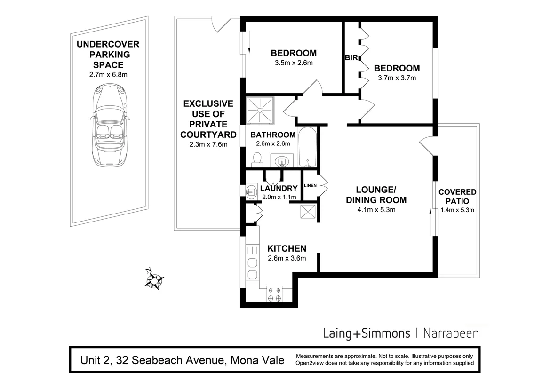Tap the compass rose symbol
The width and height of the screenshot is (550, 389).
click(x=154, y=279)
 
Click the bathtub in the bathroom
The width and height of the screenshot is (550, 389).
click(x=308, y=147)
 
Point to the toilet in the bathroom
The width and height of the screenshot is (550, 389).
click(x=257, y=159)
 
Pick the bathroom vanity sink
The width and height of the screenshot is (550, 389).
click(x=282, y=161)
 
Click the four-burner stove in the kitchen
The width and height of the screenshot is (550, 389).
click(x=275, y=294)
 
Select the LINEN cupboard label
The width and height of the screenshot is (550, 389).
click(x=311, y=185)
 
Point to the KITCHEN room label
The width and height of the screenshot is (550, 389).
click(x=287, y=248)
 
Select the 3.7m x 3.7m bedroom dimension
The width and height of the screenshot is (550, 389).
click(x=397, y=78)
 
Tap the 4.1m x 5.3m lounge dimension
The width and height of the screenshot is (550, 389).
click(x=376, y=210)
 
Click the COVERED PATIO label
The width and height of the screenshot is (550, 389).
click(x=457, y=197)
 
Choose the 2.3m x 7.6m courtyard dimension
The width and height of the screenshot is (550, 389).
click(x=207, y=144)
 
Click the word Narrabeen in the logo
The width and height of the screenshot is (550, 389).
click(x=451, y=333)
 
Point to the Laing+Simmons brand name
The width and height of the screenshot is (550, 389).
click(x=367, y=333)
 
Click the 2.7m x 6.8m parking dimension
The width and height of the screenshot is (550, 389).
click(x=108, y=74)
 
